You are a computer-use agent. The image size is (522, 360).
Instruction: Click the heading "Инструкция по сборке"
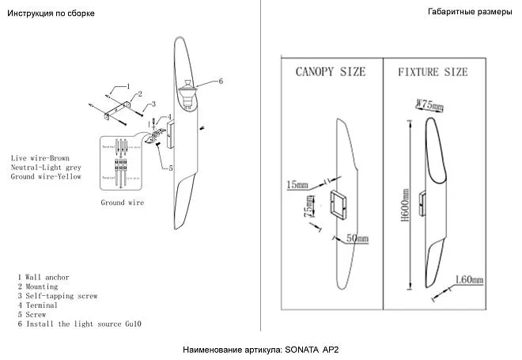click(x=46, y=13)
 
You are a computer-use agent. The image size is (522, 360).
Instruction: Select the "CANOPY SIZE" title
click(x=331, y=72)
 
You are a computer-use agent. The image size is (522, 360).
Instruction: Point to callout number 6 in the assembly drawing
click(x=220, y=81)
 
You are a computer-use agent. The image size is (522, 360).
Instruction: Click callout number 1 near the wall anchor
click(x=127, y=85)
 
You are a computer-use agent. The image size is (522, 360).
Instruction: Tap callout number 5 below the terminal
click(x=171, y=168)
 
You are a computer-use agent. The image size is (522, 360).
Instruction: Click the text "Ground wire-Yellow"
click(x=46, y=176)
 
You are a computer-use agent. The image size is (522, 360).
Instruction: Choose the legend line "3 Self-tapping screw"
click(x=57, y=296)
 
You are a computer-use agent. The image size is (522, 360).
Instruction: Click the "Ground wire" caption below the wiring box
click(x=123, y=203)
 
